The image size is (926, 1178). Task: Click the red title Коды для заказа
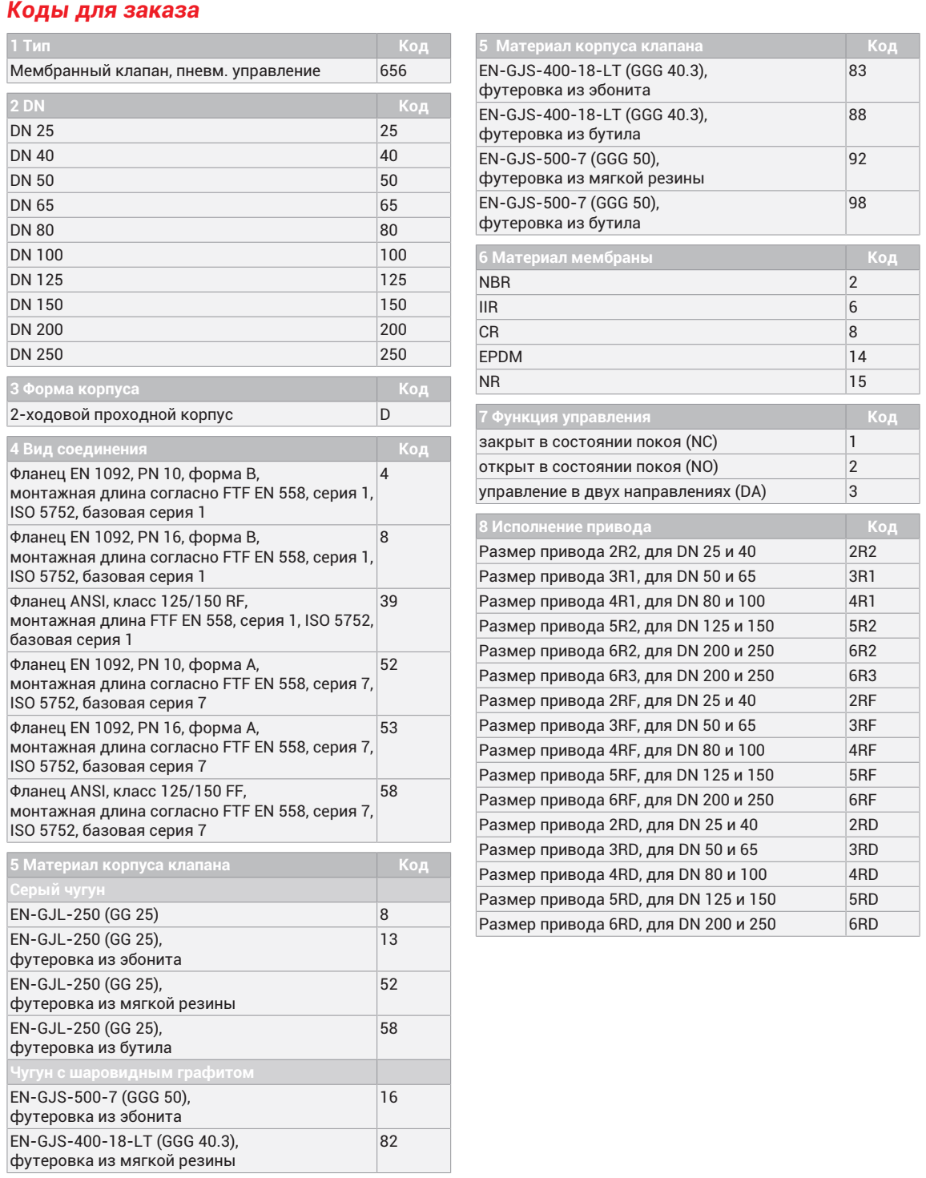point(103,11)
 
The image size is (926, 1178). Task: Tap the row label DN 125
point(37,280)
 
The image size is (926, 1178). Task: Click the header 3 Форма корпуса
point(75,389)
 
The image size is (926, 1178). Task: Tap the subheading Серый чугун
point(58,890)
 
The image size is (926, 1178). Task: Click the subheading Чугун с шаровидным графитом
point(132,1072)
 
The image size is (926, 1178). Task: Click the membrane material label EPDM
point(501,357)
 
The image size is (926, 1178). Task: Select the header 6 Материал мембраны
point(566,257)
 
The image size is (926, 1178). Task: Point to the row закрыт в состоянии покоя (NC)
point(598,442)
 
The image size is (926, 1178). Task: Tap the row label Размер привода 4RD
point(622,874)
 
